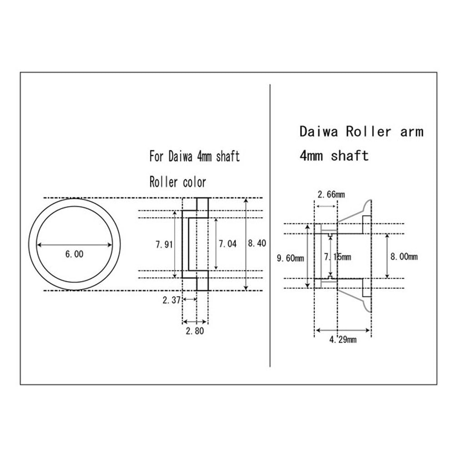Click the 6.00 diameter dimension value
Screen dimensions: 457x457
pos(74,255)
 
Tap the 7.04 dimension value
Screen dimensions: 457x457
pos(227,244)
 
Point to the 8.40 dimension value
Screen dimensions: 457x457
pos(257,243)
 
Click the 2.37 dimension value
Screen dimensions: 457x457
pos(171,300)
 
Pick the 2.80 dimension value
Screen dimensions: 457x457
pos(195,331)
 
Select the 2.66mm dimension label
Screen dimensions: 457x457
pos(331,195)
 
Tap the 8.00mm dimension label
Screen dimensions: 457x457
pos(404,257)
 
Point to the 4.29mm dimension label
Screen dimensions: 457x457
pos(343,339)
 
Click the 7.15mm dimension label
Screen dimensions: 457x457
pos(337,257)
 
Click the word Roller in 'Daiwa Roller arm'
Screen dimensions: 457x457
pos(368,132)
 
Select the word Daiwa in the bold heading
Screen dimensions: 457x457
pos(319,132)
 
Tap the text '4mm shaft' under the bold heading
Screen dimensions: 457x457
pos(334,156)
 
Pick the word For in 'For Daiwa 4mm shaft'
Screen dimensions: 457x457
pos(157,157)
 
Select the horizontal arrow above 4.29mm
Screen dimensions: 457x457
pos(343,330)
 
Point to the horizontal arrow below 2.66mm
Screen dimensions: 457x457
pos(326,206)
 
